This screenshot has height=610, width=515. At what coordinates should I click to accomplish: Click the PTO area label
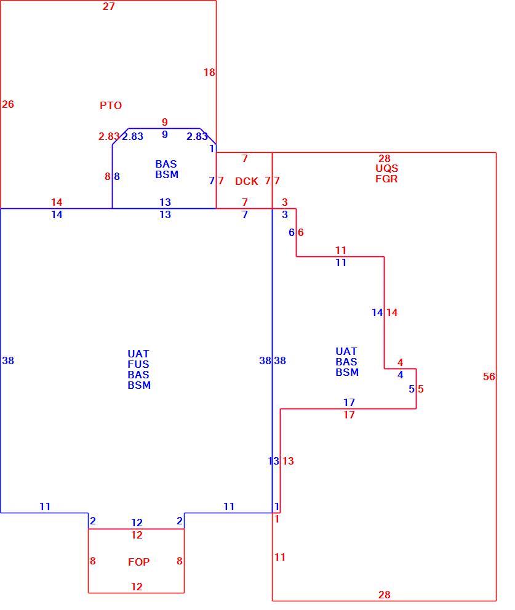coord(111,105)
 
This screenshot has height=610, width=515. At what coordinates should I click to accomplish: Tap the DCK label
coord(247,181)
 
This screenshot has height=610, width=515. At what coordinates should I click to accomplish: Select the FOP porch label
coord(138,562)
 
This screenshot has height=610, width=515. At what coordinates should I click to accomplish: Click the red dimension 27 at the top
coord(109,6)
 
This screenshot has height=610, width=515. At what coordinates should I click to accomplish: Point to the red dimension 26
coord(8,104)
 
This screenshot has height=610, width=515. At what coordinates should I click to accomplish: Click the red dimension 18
coord(209,72)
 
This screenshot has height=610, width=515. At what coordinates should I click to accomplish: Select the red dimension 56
coord(489,376)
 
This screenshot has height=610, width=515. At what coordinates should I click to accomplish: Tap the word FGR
coord(386,179)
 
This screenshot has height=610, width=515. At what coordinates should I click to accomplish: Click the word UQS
coord(386,168)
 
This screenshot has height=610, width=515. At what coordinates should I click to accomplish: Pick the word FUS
coord(138,365)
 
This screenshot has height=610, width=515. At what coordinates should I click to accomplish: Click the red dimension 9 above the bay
coord(165,122)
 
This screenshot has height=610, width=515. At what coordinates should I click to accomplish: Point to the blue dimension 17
coord(349,402)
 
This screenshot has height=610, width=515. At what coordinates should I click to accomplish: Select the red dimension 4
coord(400,362)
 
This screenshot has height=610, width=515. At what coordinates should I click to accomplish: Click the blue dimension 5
coord(411,389)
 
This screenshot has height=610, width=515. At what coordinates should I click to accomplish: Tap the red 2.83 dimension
coord(109,137)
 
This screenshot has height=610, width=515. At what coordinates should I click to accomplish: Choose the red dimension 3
coord(285,202)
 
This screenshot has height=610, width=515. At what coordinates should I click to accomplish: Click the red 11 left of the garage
coord(279,557)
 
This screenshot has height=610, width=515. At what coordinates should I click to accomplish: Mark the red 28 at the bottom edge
coord(384,595)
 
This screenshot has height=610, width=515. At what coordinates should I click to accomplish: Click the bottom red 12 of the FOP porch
coord(137,587)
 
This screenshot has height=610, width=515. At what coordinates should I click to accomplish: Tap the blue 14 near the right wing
coord(378,312)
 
